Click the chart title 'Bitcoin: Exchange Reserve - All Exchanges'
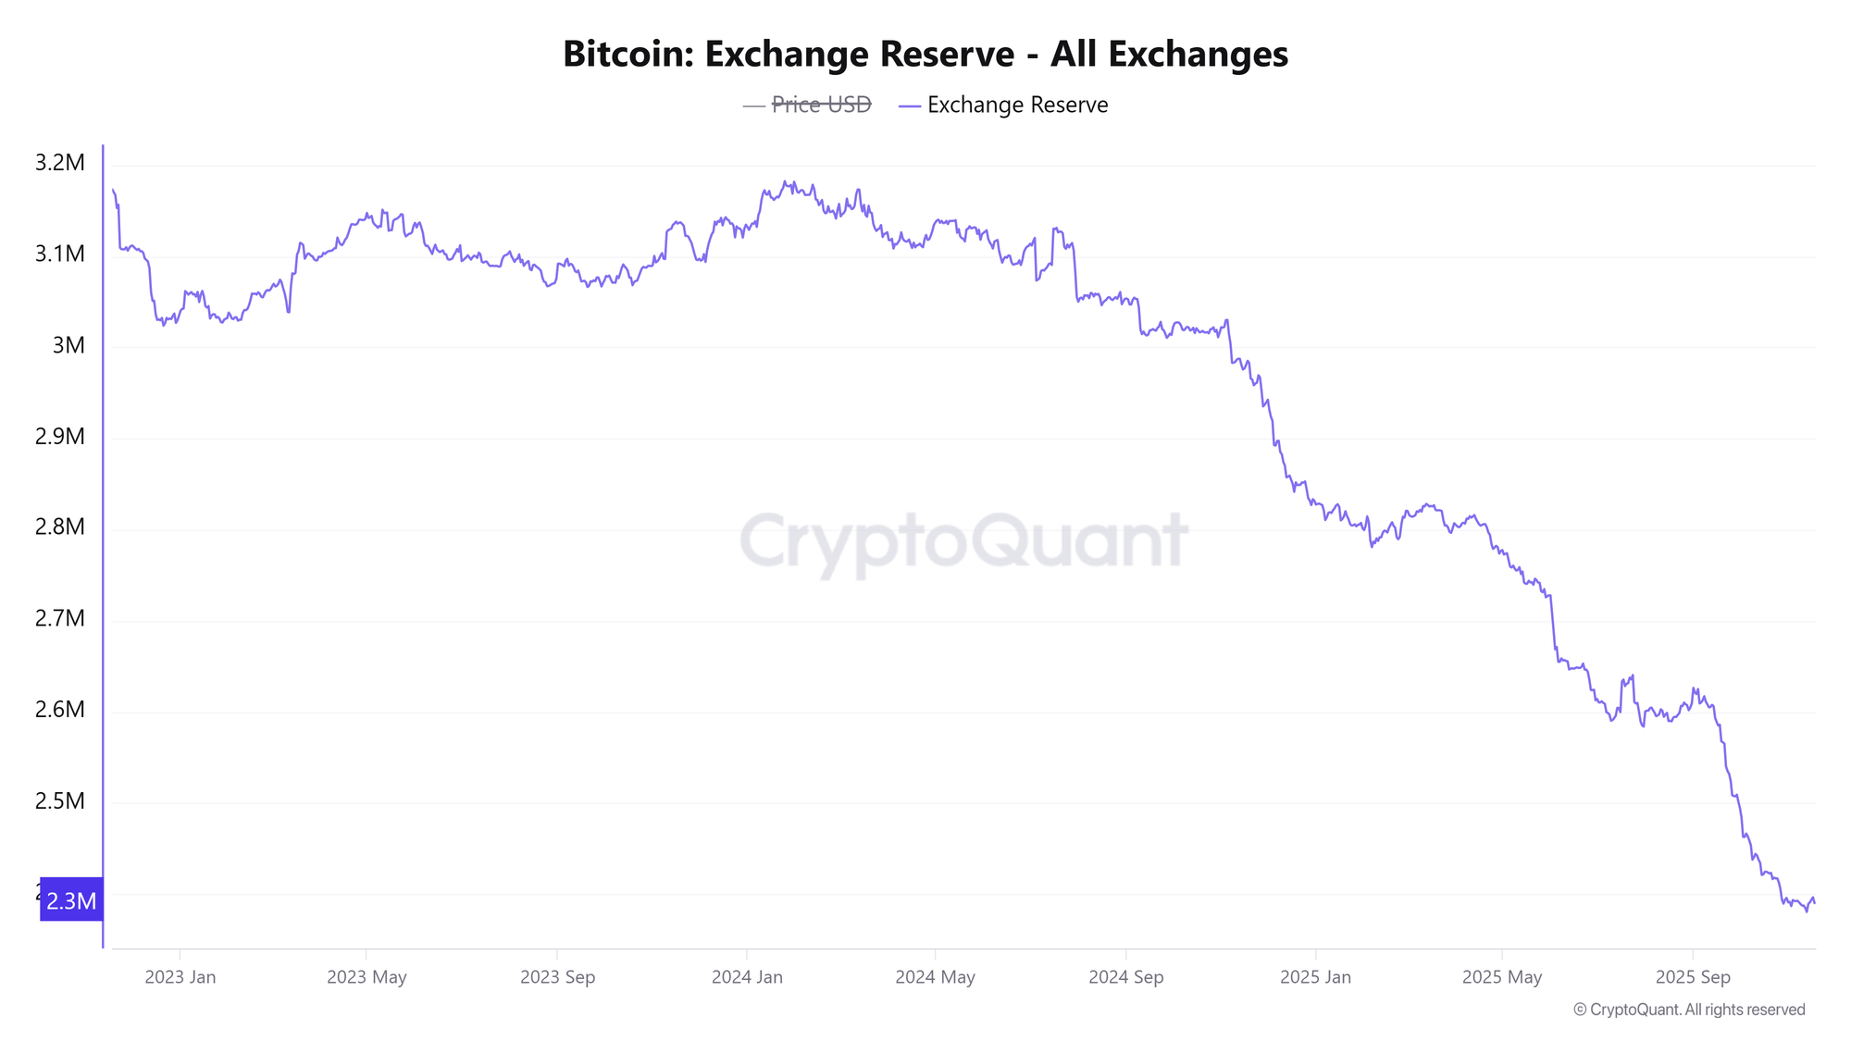point(925,54)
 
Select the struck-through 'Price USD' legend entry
point(821,105)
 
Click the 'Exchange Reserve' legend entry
point(1016,105)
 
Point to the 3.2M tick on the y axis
point(59,163)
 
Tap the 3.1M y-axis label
point(59,254)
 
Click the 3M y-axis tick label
point(68,345)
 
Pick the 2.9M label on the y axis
point(59,436)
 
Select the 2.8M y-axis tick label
point(59,527)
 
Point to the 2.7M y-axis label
point(59,618)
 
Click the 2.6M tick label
point(59,710)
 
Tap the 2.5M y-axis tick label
point(59,800)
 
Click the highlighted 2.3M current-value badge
point(71,900)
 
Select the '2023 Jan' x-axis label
point(180,977)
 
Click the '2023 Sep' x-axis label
point(557,977)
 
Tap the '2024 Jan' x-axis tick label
point(747,977)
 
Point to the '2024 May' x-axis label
point(935,977)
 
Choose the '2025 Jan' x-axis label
point(1315,977)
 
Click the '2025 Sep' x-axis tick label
point(1692,977)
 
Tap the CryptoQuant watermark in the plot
point(963,541)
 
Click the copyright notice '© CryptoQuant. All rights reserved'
point(1689,1010)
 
